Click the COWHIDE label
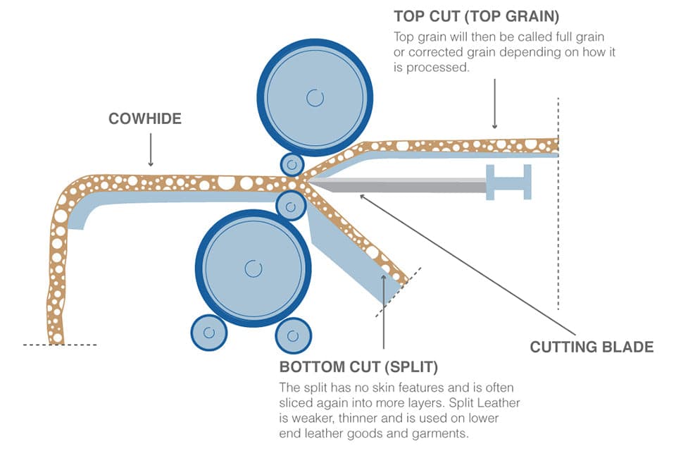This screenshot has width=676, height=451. [x=144, y=118]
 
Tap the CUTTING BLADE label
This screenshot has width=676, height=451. [x=591, y=347]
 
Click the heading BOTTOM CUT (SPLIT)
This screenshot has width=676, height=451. [x=359, y=367]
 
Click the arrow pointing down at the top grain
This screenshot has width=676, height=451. [x=495, y=102]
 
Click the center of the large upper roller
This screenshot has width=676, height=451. [x=313, y=97]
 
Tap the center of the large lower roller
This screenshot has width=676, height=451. [x=253, y=268]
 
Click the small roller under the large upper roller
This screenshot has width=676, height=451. [x=292, y=165]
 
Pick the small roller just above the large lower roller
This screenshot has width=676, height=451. [x=291, y=206]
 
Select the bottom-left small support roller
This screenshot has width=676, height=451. [x=208, y=333]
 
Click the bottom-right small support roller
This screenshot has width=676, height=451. [x=293, y=333]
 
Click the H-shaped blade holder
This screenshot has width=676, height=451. [x=508, y=182]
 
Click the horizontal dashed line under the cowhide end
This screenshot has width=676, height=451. [x=59, y=345]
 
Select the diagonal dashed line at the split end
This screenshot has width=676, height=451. [x=399, y=291]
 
